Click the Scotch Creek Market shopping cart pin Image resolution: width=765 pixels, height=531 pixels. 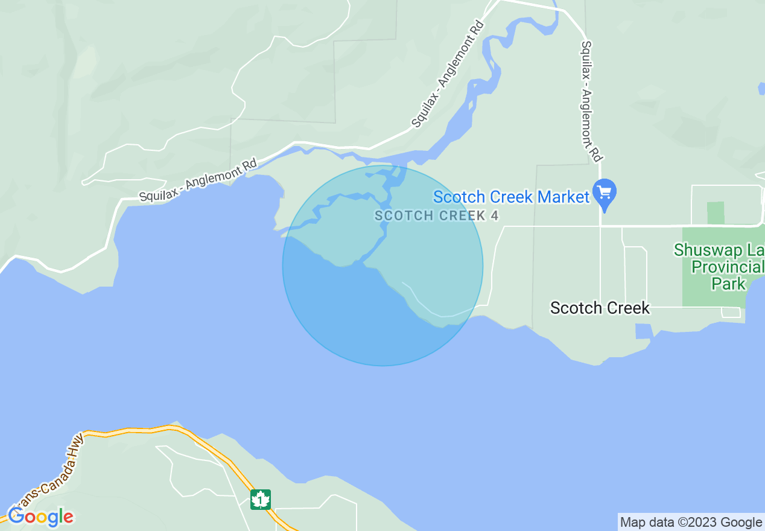(604, 192)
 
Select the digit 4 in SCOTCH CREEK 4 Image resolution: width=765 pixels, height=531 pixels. (495, 215)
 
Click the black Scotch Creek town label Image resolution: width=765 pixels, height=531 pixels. (600, 308)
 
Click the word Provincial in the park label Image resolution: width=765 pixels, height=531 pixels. (728, 267)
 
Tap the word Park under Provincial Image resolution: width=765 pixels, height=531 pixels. (729, 283)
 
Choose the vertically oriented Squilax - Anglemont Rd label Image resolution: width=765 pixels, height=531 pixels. (591, 101)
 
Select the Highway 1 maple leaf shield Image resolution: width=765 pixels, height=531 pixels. (261, 500)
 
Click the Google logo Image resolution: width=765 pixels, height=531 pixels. (40, 517)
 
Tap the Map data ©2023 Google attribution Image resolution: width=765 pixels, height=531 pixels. (691, 522)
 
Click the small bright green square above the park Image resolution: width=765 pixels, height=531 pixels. (716, 213)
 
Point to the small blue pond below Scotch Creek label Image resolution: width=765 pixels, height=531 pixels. (643, 331)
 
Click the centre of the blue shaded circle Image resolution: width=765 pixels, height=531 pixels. (382, 265)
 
